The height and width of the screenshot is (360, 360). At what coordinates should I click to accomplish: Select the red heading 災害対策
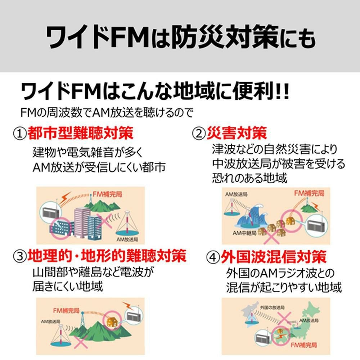(237, 134)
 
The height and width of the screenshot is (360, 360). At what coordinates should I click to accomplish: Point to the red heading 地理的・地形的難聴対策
(107, 256)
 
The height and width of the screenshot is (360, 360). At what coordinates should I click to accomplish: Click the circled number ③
(20, 257)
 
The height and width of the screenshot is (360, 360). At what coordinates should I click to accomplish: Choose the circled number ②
(198, 134)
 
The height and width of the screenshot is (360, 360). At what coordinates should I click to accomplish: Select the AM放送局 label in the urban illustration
(127, 239)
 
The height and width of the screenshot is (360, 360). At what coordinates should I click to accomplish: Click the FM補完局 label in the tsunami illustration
(309, 193)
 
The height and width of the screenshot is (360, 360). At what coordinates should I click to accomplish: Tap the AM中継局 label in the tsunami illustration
(244, 233)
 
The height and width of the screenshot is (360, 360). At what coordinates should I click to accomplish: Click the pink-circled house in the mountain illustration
(111, 320)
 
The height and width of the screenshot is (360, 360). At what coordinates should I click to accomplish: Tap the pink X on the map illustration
(284, 318)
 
